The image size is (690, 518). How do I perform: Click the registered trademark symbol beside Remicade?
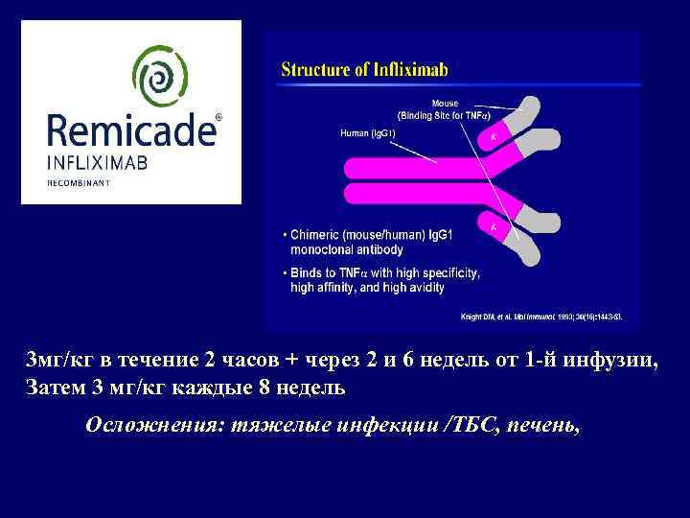coord(218,117)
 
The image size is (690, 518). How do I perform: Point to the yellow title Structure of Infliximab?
coord(364,69)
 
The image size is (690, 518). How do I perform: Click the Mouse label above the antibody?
coord(445,103)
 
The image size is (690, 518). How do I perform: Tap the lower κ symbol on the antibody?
coord(493,226)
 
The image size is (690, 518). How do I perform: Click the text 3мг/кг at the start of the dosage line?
coord(58,361)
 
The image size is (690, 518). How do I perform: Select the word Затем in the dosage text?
coord(54,388)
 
